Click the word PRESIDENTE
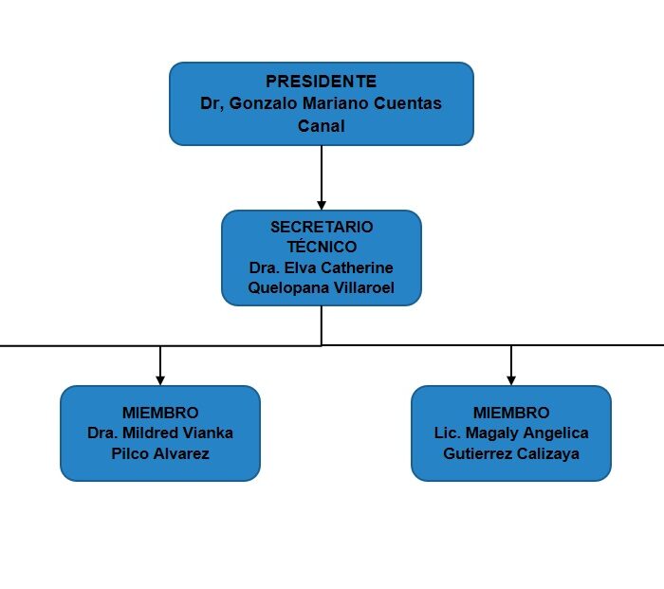point(321,82)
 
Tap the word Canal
point(321,126)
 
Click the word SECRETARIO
point(322,227)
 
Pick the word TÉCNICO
point(322,247)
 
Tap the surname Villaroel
point(364,288)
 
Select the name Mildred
point(150,433)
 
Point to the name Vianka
point(208,433)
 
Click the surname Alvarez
point(181,453)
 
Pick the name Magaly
point(492,433)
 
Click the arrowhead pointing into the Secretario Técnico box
point(322,206)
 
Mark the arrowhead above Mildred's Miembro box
point(160,380)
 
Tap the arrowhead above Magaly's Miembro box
point(511,380)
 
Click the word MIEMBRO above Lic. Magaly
point(511,413)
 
